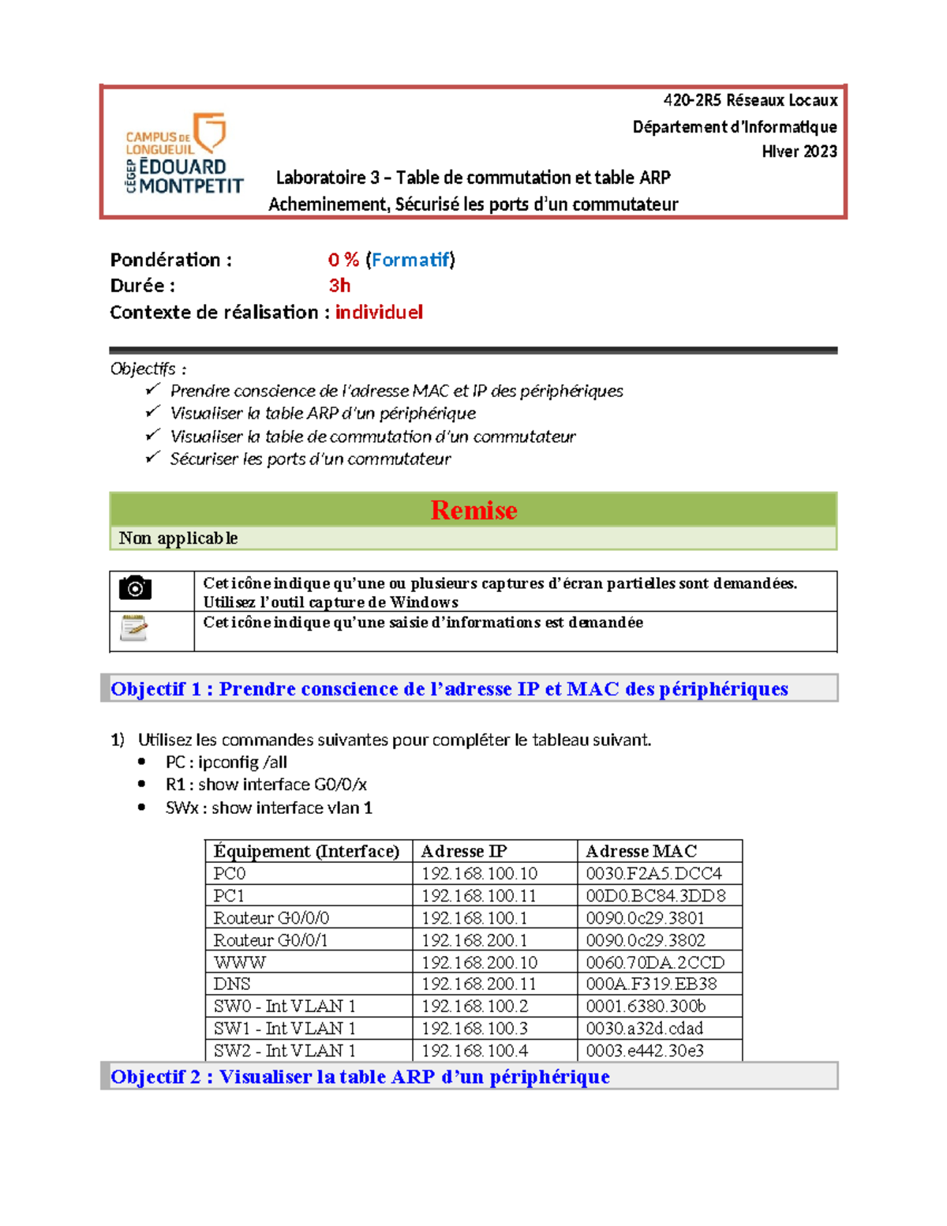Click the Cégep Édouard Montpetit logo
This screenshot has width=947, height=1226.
pos(184,153)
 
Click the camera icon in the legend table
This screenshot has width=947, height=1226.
pos(135,588)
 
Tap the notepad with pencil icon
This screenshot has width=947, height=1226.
pos(133,628)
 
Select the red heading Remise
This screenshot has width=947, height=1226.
pos(473,510)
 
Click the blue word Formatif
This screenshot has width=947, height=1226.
pos(410,260)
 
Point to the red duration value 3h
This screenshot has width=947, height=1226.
pos(339,286)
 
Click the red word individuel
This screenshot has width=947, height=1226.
pos(379,313)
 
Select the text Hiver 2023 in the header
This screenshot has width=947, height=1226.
pos(799,152)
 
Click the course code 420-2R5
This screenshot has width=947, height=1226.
pos(691,100)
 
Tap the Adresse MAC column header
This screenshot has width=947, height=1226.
pos(641,851)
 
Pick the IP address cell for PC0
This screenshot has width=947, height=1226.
pos(479,874)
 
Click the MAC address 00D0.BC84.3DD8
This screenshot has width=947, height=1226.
pos(655,896)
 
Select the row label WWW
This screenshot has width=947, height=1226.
pos(239,962)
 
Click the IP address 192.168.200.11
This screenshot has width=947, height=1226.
pos(479,984)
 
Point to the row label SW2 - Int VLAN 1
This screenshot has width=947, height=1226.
pos(284,1051)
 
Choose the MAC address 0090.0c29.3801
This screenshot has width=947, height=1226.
pos(645,918)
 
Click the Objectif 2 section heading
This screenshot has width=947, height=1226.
pos(360,1077)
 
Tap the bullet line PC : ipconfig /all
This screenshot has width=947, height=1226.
pos(226,763)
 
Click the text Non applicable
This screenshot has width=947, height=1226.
pos(178,538)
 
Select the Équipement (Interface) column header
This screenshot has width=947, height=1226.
pos(306,851)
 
